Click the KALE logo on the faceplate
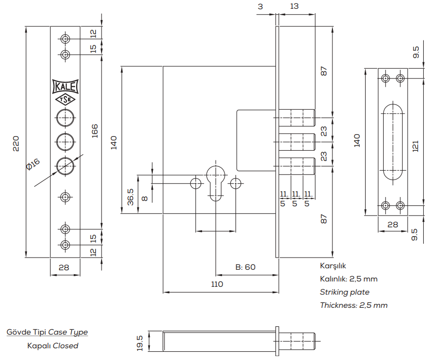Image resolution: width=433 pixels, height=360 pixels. (65, 87)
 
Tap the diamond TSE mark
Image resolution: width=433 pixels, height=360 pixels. (65, 100)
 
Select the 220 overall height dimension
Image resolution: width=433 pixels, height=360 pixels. (16, 142)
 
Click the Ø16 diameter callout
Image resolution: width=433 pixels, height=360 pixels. (33, 164)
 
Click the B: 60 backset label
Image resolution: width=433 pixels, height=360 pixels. (246, 267)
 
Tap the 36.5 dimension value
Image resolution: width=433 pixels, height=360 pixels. (131, 197)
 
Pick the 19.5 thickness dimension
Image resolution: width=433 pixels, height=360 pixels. (140, 342)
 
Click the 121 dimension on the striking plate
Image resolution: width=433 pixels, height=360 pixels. (415, 146)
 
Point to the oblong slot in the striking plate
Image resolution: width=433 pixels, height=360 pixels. (393, 141)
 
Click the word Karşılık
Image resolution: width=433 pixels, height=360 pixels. (333, 266)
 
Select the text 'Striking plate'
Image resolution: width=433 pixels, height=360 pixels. (345, 292)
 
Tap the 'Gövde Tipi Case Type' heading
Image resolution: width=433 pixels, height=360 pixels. (47, 332)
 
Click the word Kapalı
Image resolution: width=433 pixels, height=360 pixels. (38, 346)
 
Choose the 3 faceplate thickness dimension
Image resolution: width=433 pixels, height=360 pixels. (261, 6)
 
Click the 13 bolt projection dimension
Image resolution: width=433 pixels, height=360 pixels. (294, 6)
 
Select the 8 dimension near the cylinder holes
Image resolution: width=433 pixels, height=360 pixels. (144, 198)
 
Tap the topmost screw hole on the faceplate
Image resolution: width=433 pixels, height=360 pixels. (65, 39)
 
